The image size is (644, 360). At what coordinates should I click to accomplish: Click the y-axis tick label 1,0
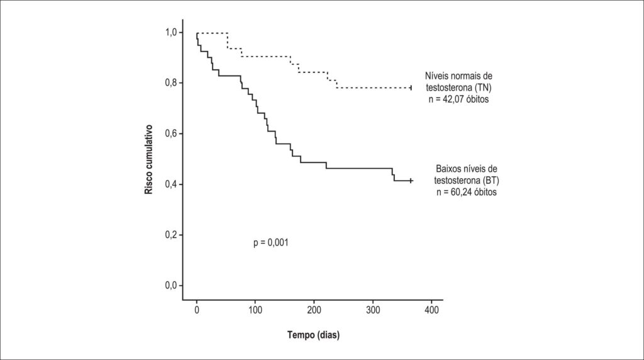click(x=171, y=32)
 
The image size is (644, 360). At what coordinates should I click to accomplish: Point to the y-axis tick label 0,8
click(x=171, y=83)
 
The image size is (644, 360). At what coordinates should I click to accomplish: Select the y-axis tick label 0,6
click(x=171, y=133)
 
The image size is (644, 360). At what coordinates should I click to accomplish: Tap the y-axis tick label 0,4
click(x=171, y=184)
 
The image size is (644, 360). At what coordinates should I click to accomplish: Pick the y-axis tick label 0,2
click(x=171, y=235)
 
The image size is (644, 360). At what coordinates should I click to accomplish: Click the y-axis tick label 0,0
click(x=171, y=286)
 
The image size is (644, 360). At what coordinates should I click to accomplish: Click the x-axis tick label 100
click(x=255, y=310)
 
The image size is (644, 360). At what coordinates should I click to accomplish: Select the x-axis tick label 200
click(x=314, y=310)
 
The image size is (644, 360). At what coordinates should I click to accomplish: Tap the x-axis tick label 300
click(x=373, y=310)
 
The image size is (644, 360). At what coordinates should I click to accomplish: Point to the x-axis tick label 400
click(x=431, y=310)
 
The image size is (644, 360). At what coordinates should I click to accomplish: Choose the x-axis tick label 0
click(x=197, y=310)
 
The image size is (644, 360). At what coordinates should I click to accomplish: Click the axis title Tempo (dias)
click(x=313, y=335)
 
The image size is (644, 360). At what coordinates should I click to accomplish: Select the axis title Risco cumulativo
click(x=148, y=159)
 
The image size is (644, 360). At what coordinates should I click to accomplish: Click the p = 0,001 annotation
click(x=270, y=243)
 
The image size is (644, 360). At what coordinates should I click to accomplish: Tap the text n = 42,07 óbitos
click(x=458, y=99)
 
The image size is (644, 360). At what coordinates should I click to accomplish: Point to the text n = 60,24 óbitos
click(x=467, y=192)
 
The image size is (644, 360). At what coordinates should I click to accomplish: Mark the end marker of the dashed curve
click(x=411, y=87)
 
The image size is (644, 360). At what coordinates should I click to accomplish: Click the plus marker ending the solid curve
click(x=411, y=181)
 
